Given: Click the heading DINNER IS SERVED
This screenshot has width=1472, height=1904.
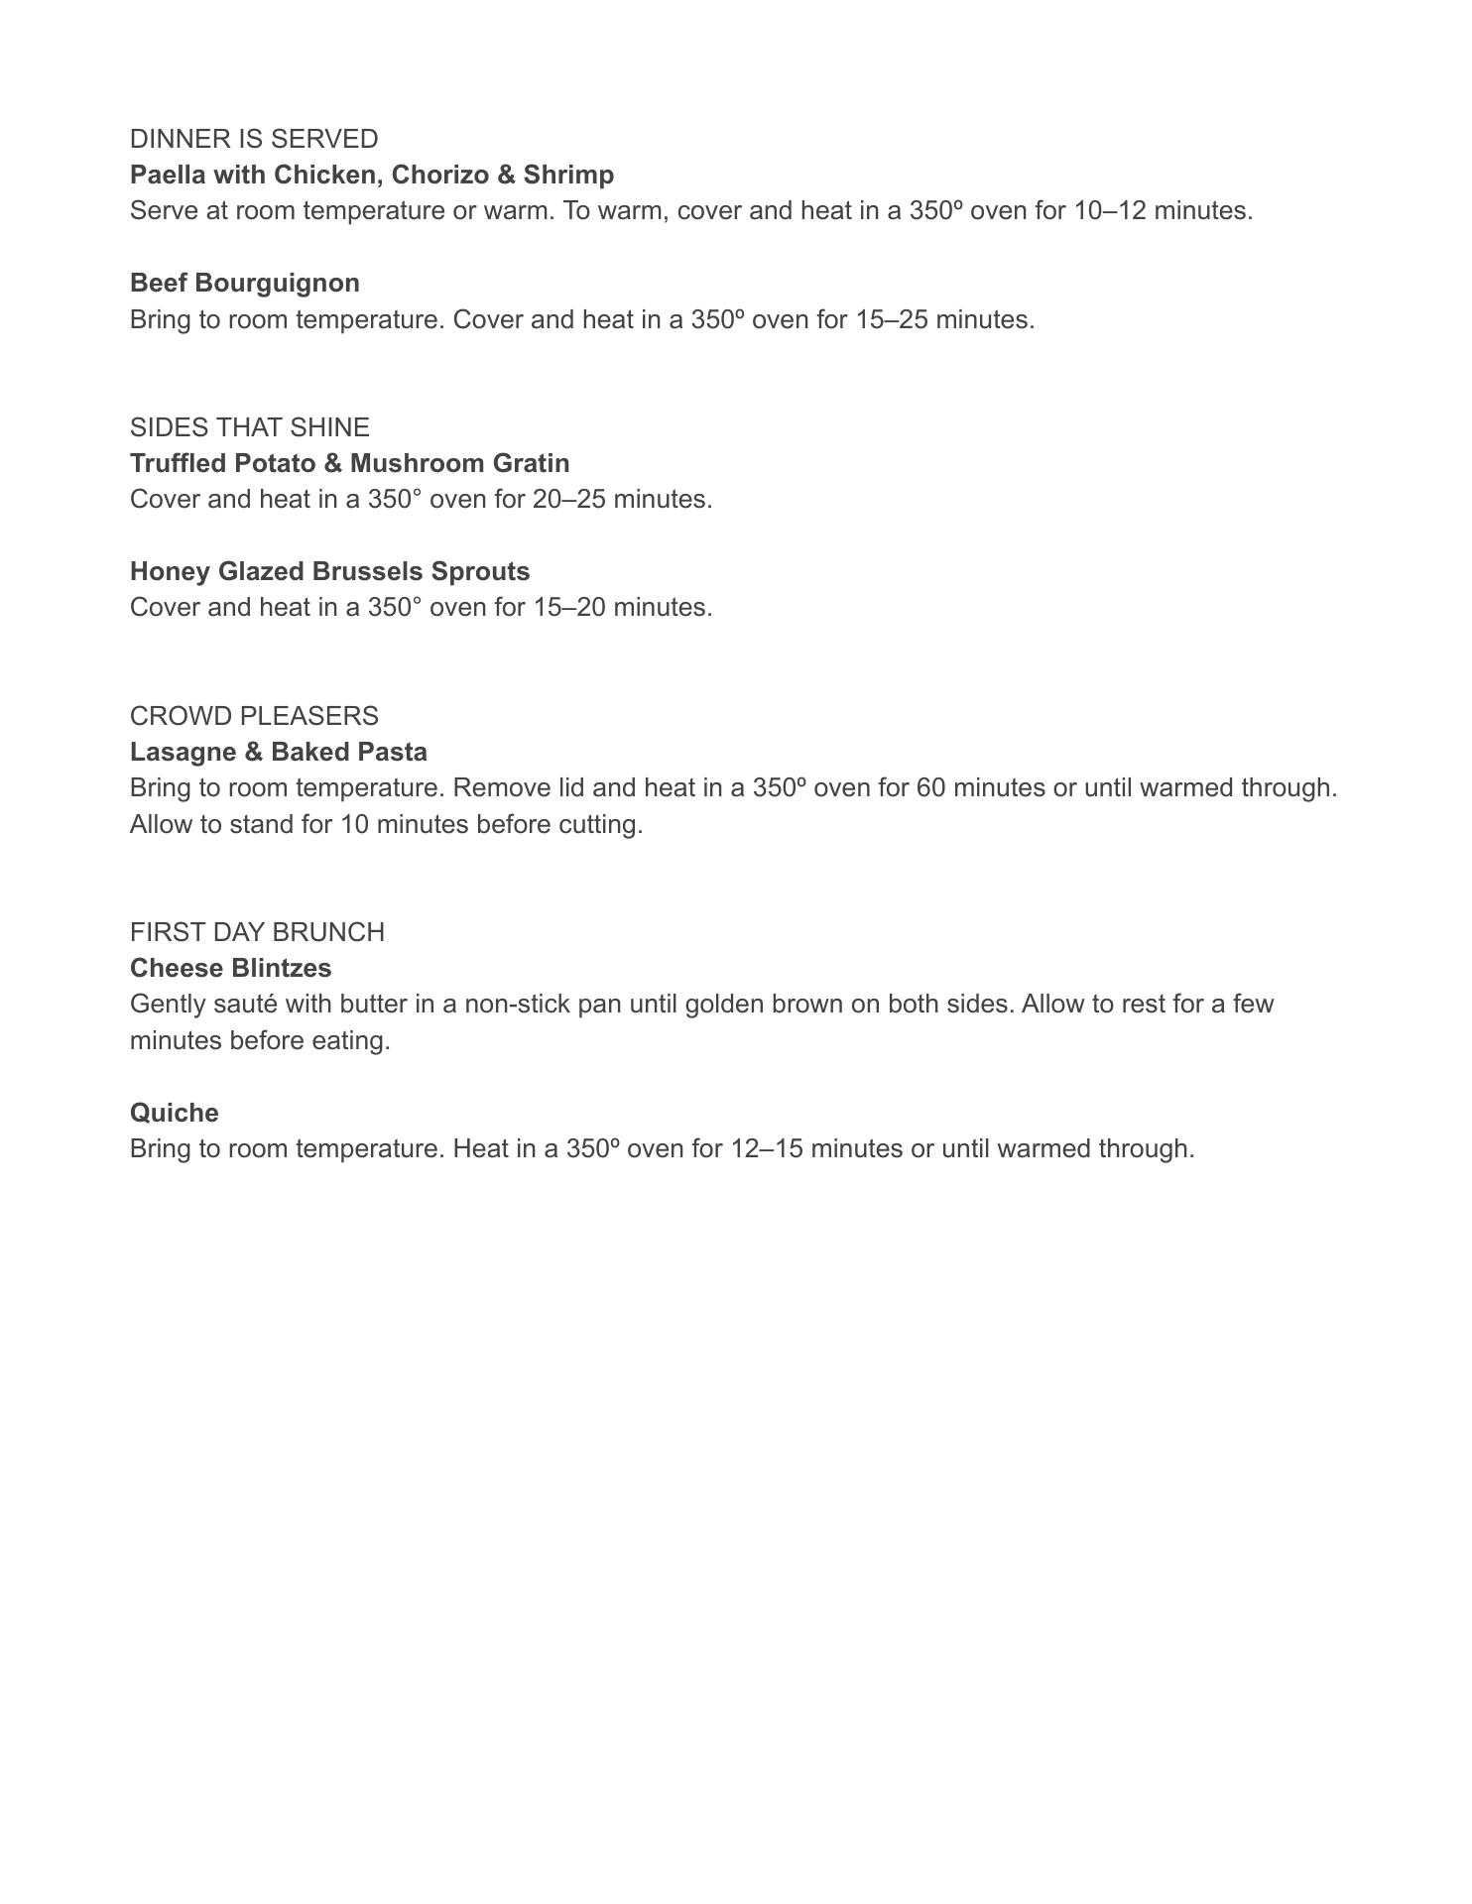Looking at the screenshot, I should (x=254, y=139).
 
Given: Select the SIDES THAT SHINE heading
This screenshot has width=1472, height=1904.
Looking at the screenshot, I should (x=250, y=427).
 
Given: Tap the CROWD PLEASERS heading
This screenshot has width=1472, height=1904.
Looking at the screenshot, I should (x=254, y=716).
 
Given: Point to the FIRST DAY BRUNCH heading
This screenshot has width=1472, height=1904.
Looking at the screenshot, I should (x=257, y=932).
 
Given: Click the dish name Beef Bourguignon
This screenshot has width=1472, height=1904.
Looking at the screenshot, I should (x=245, y=284).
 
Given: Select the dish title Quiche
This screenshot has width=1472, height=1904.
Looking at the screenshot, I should (x=175, y=1113).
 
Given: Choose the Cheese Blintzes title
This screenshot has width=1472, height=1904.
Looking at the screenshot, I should (x=231, y=968).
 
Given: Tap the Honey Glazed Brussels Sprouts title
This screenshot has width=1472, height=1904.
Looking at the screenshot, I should (x=330, y=572).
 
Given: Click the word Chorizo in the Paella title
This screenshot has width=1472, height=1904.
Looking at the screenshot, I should (x=440, y=176).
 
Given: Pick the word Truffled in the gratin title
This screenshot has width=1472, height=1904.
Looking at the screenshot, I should (x=179, y=464).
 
